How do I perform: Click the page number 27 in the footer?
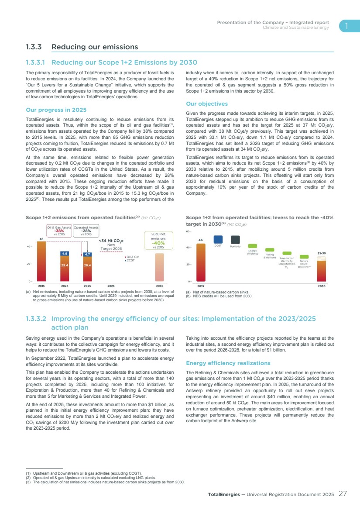343,494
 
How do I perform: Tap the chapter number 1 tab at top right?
346,26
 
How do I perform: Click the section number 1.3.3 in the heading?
34,47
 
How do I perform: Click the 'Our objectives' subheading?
207,104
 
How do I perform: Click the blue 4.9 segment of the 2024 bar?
65,253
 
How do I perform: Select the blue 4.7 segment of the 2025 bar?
87,254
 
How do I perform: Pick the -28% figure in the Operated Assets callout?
86,231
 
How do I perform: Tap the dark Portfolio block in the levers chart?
235,239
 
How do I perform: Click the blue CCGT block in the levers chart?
218,239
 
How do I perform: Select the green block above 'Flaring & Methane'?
270,250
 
